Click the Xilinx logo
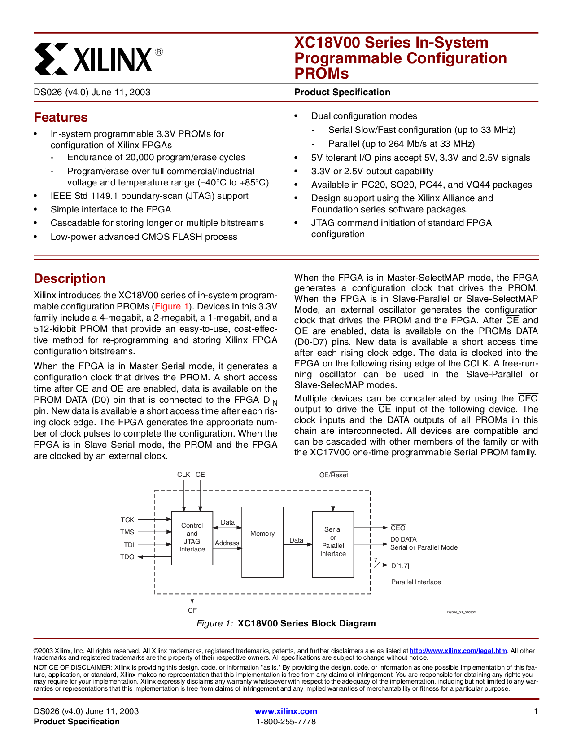pos(98,59)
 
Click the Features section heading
pos(61,117)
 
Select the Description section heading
pos(70,278)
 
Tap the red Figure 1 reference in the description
pos(172,306)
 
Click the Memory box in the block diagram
pos(262,542)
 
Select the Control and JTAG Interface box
pos(192,538)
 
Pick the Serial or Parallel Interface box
pos(333,544)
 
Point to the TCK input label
pos(127,520)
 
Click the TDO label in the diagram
pos(127,557)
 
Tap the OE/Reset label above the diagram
pos(333,475)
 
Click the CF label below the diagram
pos(192,610)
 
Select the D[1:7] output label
pos(400,566)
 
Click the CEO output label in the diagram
pos(398,528)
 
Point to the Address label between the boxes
pos(227,543)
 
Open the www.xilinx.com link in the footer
pos(286,711)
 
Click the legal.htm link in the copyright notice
pos(458,651)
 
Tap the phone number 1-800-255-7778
pos(286,722)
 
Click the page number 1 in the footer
pos(536,711)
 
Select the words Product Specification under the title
pos(342,92)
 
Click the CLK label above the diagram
pos(183,475)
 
